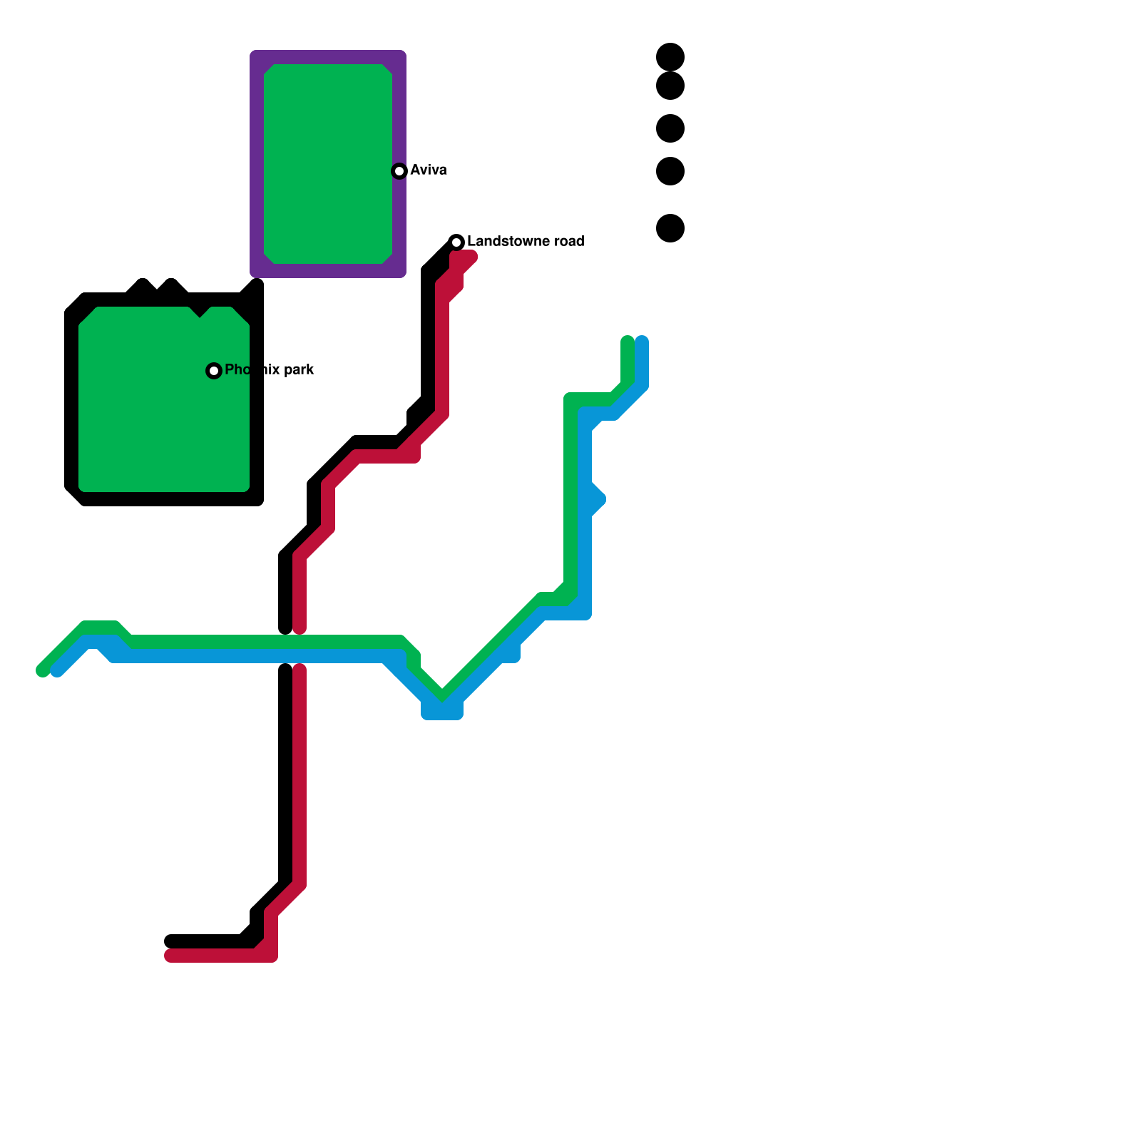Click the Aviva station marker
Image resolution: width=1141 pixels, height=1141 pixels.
click(x=399, y=171)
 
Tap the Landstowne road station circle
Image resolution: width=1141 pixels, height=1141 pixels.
click(x=456, y=242)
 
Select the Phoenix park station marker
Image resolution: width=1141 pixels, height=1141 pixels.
click(x=214, y=371)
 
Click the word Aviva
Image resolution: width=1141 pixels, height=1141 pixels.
click(x=429, y=170)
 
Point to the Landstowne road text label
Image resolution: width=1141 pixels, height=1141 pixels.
click(x=526, y=241)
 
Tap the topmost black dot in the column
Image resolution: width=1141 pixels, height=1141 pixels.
click(x=670, y=56)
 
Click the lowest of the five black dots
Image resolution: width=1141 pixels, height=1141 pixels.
click(x=670, y=228)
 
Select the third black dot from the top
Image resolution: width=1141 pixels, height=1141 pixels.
click(x=670, y=128)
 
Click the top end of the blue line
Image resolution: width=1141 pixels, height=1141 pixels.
click(x=642, y=341)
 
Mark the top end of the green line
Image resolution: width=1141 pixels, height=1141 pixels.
click(x=628, y=341)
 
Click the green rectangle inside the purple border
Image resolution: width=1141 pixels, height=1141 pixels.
click(x=328, y=164)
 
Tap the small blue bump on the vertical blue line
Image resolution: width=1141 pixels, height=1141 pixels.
click(x=598, y=498)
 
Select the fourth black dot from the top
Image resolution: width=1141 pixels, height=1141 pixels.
click(x=670, y=171)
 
